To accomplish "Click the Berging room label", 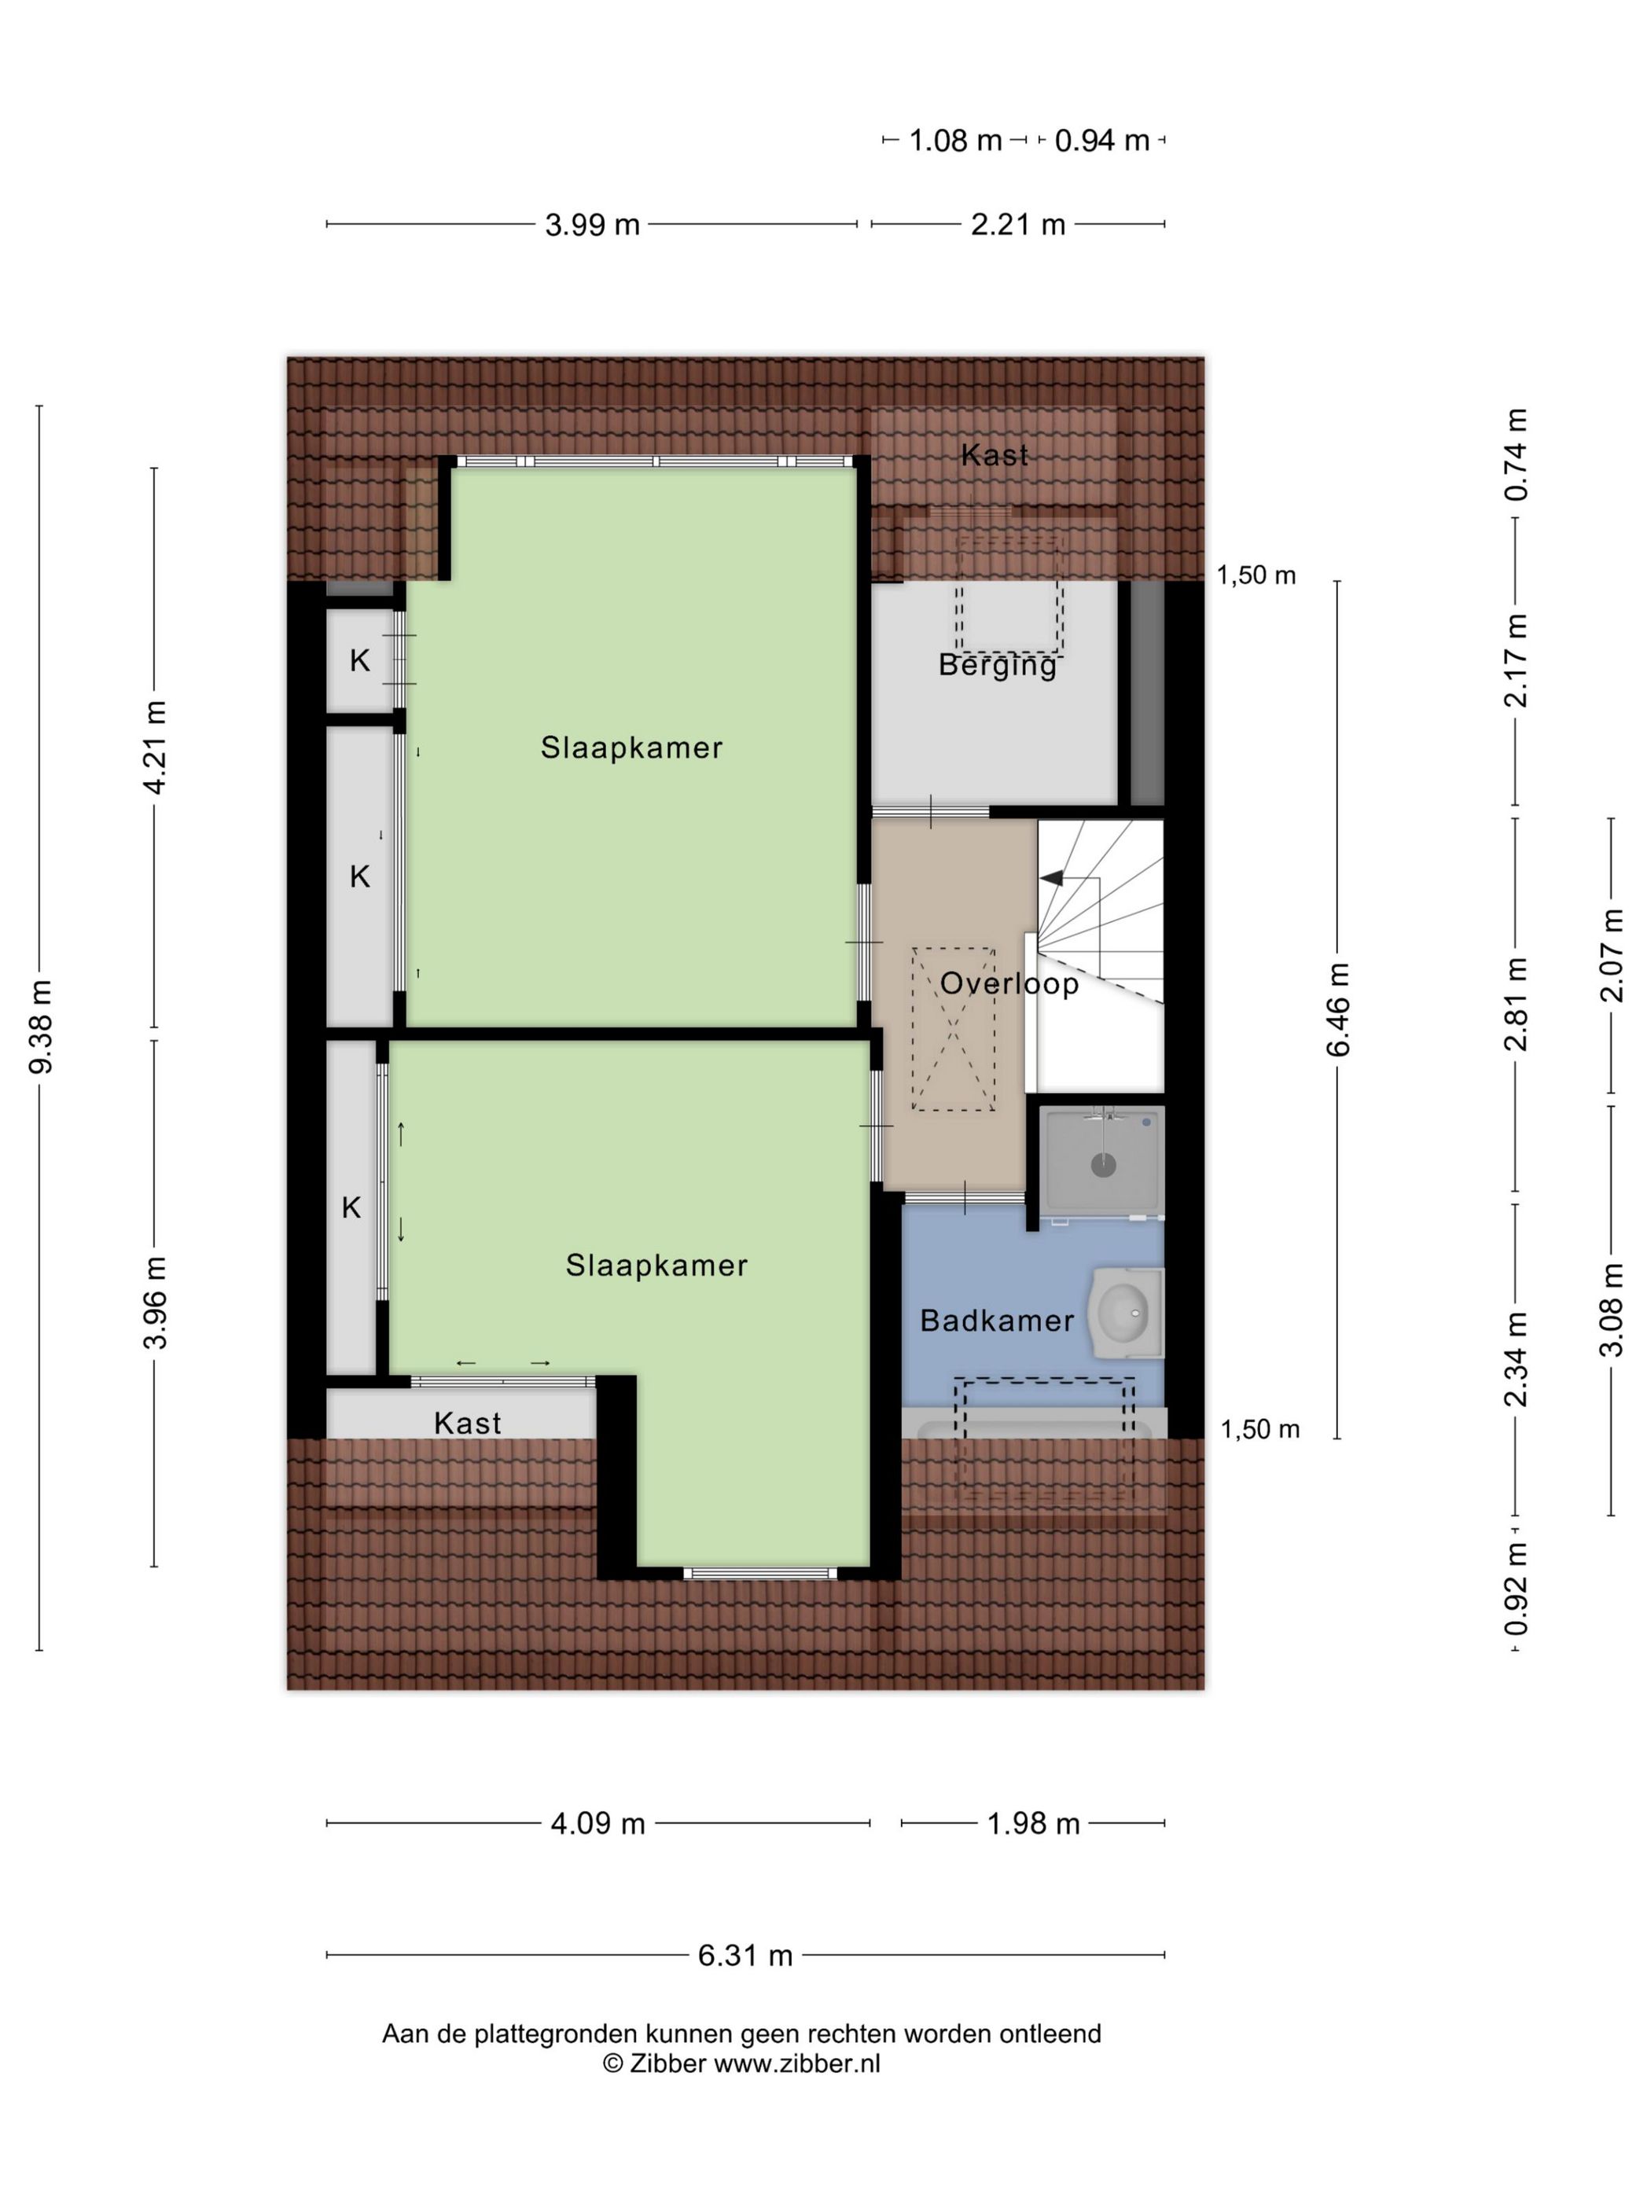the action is [x=997, y=666].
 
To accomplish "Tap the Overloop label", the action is [x=1009, y=984].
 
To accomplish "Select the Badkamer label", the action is [x=997, y=1321].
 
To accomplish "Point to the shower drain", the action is [x=1103, y=1165].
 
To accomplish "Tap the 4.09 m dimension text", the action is [x=598, y=1824].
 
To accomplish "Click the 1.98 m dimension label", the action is [x=1033, y=1824].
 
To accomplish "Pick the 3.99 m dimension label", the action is [x=592, y=225].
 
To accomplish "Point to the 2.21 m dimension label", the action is [x=1018, y=225].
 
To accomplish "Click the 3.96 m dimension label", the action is [x=155, y=1303].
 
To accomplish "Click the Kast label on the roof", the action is [x=995, y=456].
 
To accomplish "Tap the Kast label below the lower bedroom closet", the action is [x=468, y=1424].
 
